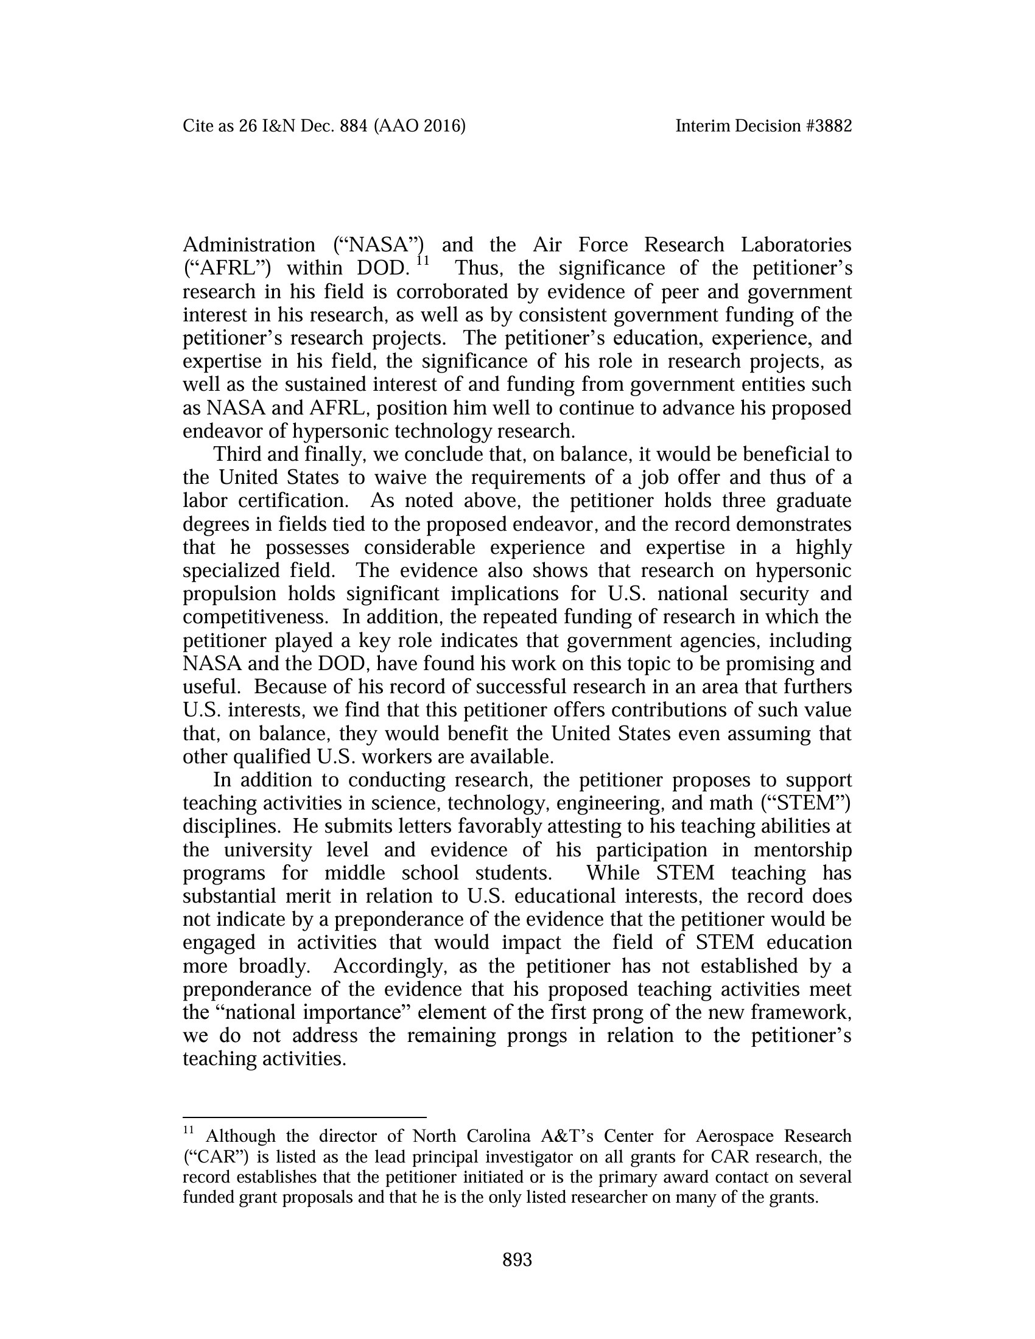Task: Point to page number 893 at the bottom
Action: pyautogui.click(x=517, y=1260)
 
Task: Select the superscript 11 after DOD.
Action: pyautogui.click(x=423, y=262)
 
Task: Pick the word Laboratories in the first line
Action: pyautogui.click(x=796, y=245)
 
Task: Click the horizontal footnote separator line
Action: pyautogui.click(x=304, y=1117)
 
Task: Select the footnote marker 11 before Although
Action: pyautogui.click(x=188, y=1130)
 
